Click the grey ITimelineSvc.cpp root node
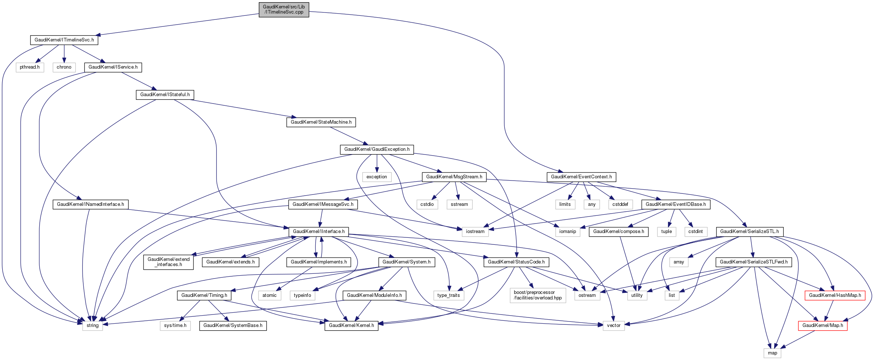click(x=284, y=10)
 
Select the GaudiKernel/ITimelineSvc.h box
click(x=64, y=40)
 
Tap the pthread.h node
click(x=30, y=67)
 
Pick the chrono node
click(x=64, y=67)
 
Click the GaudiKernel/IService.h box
click(x=113, y=67)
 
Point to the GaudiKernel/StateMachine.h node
click(x=321, y=122)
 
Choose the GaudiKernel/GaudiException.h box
click(x=377, y=149)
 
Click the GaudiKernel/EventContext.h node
click(x=581, y=177)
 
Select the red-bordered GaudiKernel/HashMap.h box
click(x=835, y=295)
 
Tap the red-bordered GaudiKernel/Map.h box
click(x=823, y=326)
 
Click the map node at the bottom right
click(x=772, y=353)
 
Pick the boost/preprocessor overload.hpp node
click(x=538, y=295)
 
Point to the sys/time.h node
click(x=175, y=326)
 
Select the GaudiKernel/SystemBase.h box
click(x=233, y=326)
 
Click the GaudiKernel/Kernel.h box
click(x=351, y=326)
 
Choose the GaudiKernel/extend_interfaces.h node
click(x=168, y=262)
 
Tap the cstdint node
click(x=695, y=232)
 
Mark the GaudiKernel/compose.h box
click(x=619, y=232)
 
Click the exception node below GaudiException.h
click(x=377, y=177)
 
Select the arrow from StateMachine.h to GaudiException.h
click(x=347, y=135)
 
